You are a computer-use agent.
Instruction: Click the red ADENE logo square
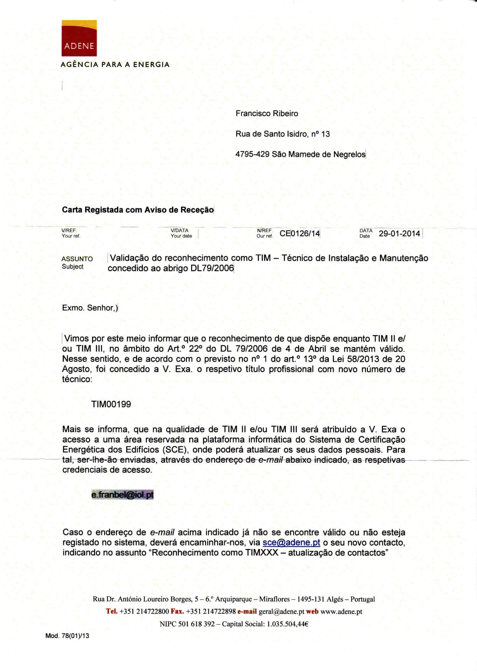pos(79,38)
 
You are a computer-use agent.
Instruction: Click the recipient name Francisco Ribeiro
pos(266,114)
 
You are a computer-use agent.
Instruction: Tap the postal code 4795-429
pos(252,154)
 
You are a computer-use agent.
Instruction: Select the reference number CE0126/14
pos(300,234)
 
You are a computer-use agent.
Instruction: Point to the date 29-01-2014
pos(399,234)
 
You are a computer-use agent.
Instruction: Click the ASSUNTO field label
pos(77,259)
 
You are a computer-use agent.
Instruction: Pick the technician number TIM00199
pos(111,404)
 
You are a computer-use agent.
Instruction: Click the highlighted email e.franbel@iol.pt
pos(122,495)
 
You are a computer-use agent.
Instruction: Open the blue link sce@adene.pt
pos(291,542)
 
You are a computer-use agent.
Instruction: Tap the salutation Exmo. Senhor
pos(88,308)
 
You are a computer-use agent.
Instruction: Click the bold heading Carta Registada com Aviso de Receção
pos(138,210)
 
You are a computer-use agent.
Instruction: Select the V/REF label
pos(69,231)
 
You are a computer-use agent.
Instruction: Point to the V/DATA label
pos(180,231)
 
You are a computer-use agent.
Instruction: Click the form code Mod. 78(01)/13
pos(67,636)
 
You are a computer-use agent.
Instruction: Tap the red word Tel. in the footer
pos(112,611)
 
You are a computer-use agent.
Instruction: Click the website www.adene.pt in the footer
pos(341,612)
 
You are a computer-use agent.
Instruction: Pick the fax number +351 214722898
pos(211,612)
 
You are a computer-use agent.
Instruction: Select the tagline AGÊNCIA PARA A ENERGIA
pos(115,65)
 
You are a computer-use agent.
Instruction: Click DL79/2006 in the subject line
pos(212,268)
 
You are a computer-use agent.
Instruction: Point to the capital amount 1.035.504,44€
pos(287,624)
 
